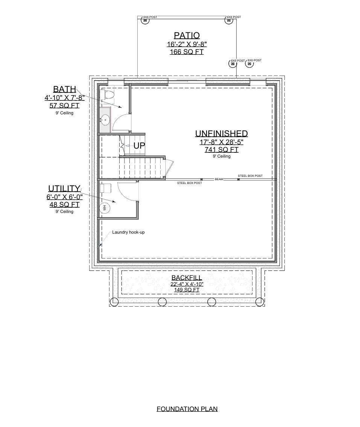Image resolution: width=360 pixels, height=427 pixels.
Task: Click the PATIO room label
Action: point(187,35)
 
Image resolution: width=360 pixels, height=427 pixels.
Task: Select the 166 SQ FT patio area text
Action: point(187,52)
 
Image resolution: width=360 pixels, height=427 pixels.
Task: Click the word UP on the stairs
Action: point(139,146)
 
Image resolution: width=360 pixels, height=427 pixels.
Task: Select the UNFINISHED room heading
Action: point(221,134)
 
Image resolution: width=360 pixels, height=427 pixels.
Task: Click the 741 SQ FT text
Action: point(221,150)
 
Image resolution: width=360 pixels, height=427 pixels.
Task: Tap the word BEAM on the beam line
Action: point(219,179)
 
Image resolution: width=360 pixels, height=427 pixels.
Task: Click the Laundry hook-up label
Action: point(128,232)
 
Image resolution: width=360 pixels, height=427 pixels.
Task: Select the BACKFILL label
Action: point(187,278)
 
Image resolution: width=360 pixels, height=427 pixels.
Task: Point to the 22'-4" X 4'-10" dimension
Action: point(187,284)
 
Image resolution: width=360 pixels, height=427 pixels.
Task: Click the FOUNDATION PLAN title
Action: point(187,409)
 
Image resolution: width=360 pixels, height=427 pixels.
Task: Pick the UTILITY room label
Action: point(64,188)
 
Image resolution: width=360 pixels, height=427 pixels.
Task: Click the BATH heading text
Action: point(64,89)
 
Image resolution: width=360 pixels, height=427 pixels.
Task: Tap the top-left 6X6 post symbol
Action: point(145,21)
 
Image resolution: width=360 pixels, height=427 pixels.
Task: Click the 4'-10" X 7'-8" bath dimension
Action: point(64,98)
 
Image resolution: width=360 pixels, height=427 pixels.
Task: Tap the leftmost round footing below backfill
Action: point(114,302)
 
